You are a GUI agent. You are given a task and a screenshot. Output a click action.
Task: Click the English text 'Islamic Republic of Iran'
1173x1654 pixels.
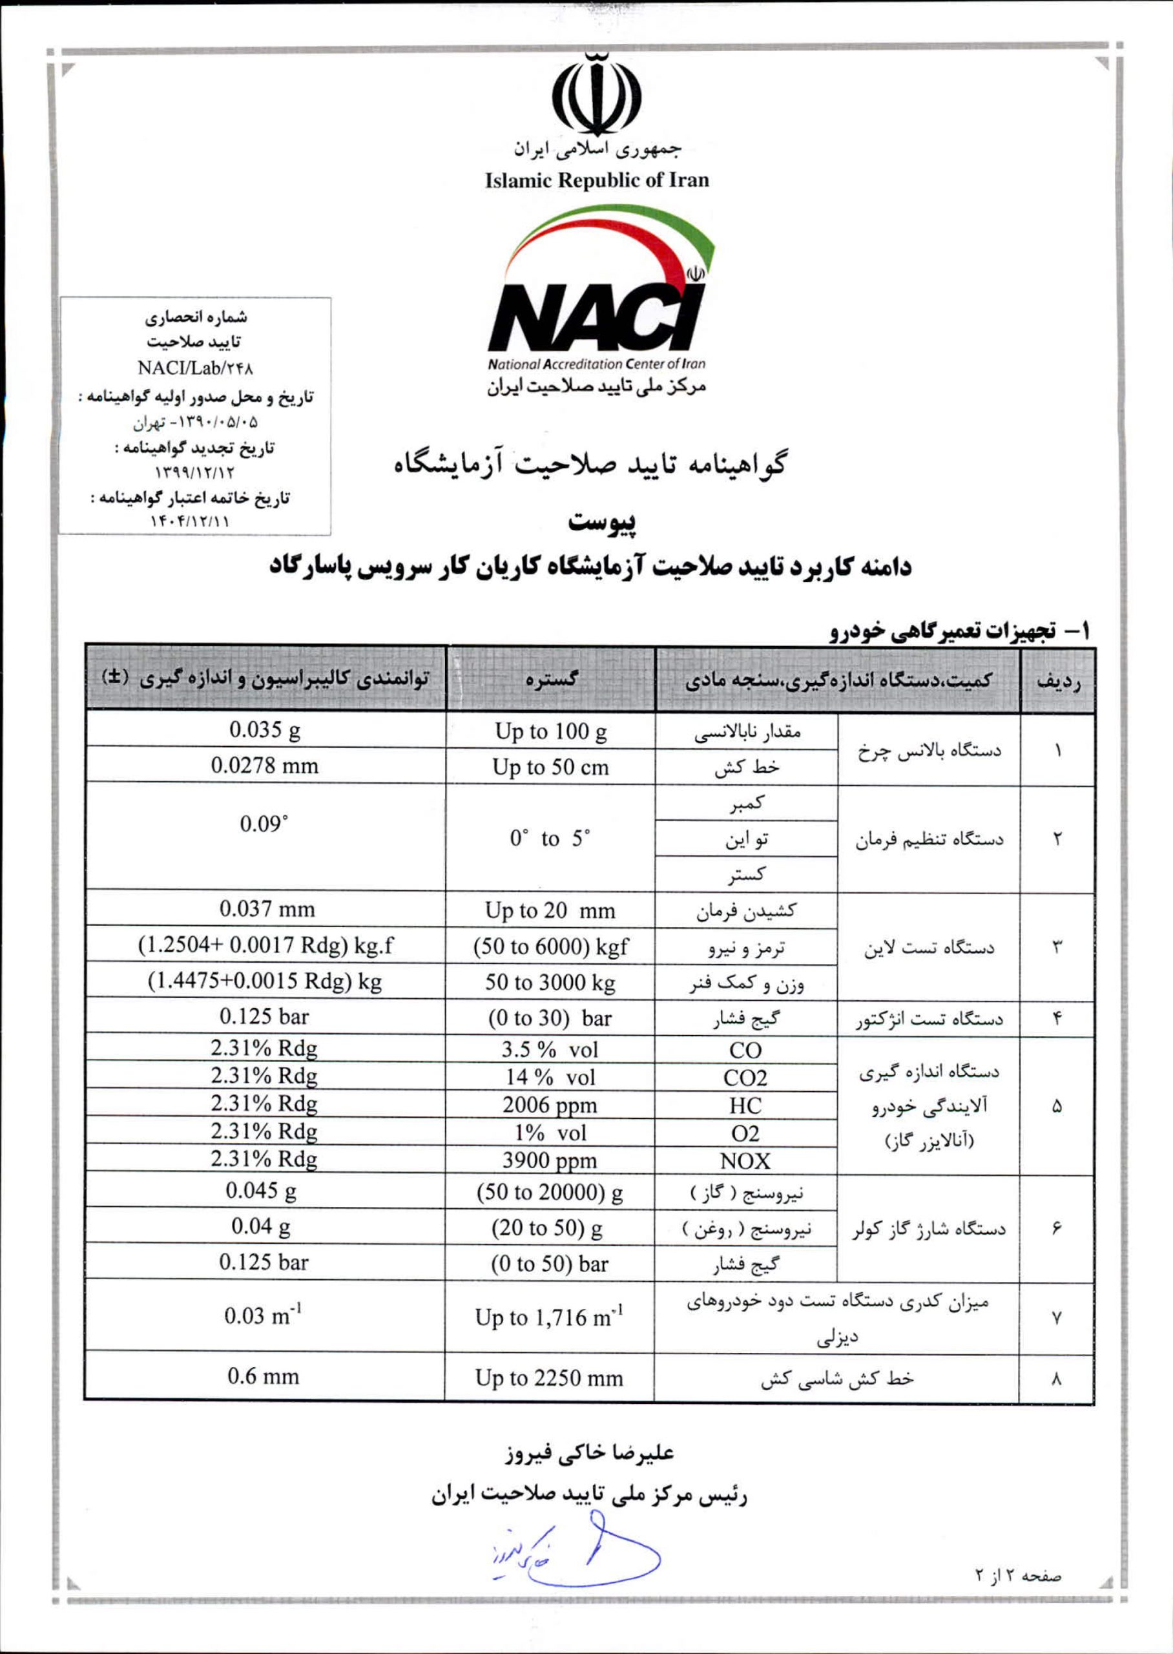click(597, 180)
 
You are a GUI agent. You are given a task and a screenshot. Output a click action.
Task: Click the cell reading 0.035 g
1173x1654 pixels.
click(265, 729)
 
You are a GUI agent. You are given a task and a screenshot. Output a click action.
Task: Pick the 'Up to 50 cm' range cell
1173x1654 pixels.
click(550, 767)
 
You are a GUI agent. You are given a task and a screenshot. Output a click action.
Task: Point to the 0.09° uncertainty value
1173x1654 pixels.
click(264, 823)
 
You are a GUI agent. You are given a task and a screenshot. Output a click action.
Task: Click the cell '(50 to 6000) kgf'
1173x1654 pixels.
click(550, 946)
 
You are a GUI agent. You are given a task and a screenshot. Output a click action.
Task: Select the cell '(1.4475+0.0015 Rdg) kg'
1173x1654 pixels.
click(265, 981)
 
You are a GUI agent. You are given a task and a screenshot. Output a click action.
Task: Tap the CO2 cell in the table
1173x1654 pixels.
click(745, 1078)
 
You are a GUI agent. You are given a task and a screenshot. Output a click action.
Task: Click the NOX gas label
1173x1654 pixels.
click(745, 1160)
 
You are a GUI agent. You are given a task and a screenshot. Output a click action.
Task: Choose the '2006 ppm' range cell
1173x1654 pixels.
click(550, 1105)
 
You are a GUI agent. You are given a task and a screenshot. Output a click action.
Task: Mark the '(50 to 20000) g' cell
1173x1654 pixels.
click(550, 1193)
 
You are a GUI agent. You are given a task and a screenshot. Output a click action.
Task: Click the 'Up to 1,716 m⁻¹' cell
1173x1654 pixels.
click(550, 1317)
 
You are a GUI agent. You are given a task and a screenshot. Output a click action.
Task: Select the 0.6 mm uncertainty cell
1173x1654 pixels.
click(264, 1376)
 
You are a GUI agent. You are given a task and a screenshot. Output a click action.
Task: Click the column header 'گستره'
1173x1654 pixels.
click(550, 680)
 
